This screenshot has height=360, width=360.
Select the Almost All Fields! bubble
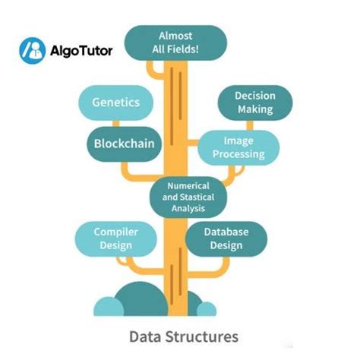pos(175,43)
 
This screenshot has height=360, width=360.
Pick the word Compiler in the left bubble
pos(115,232)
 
